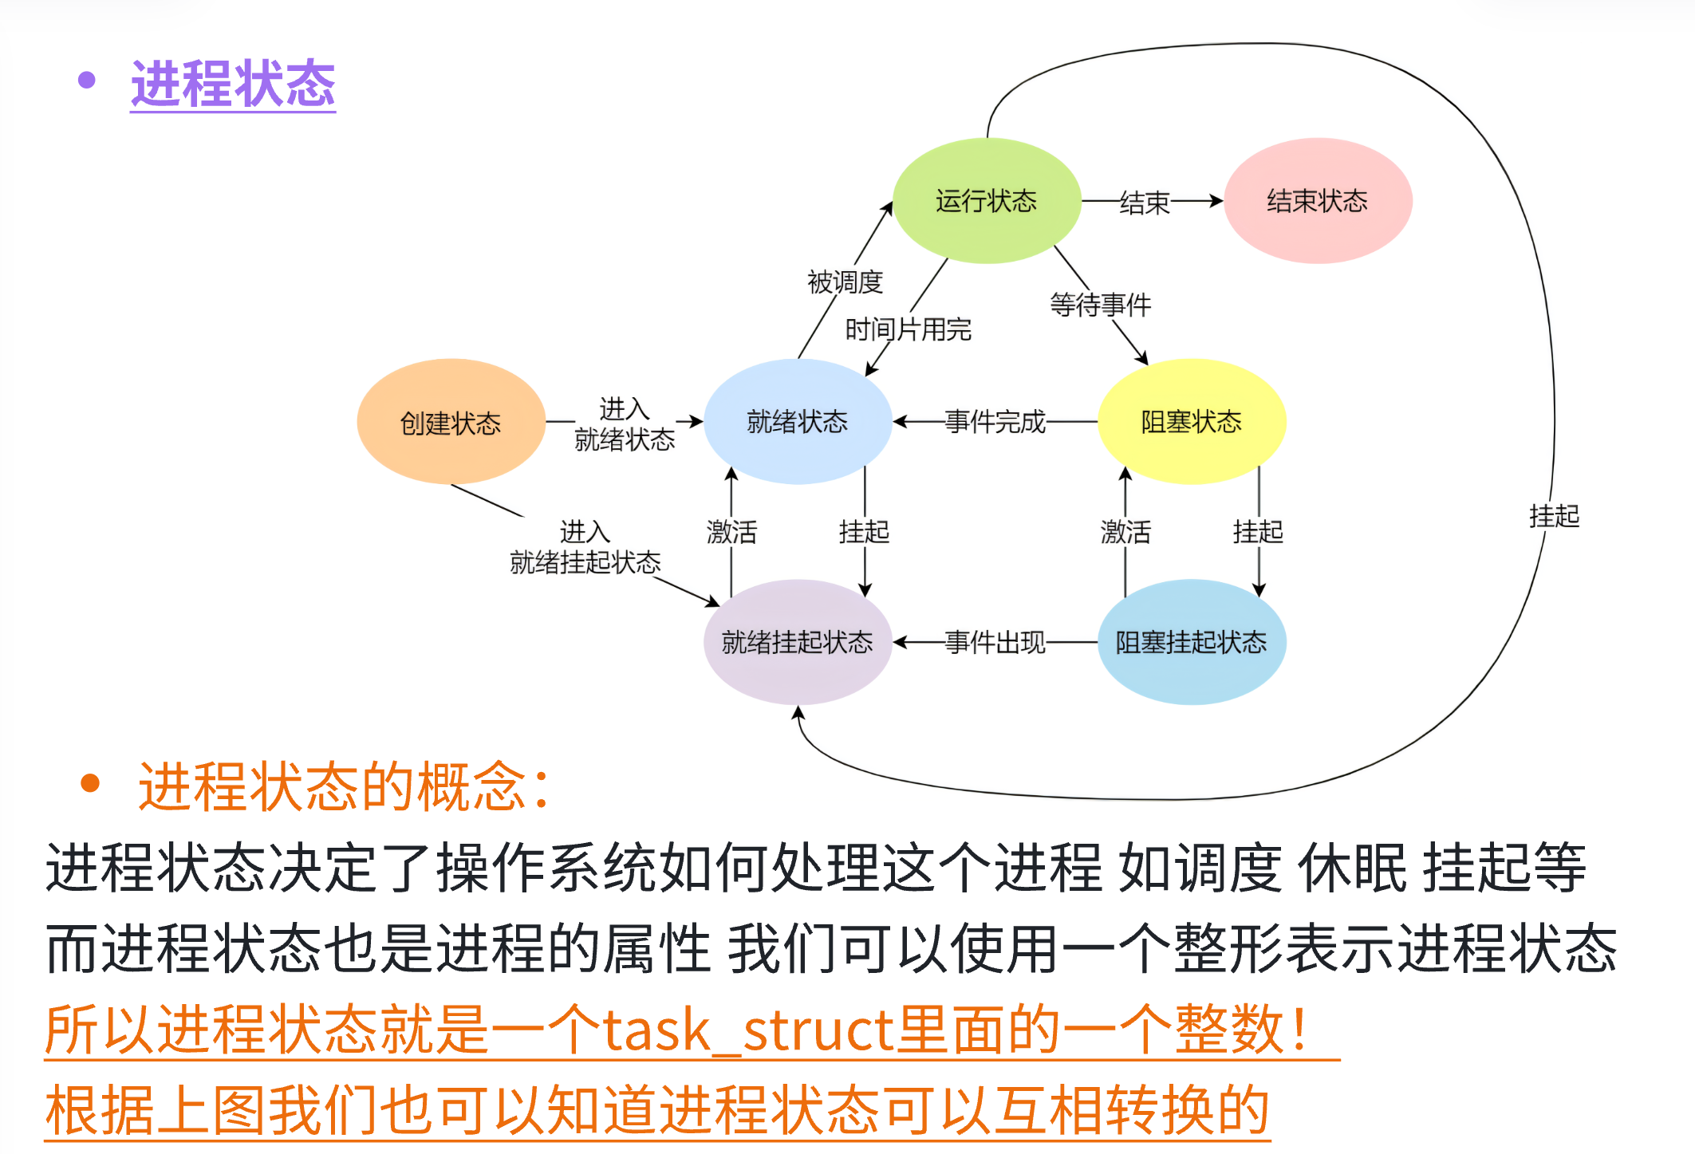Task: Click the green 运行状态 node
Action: pyautogui.click(x=987, y=201)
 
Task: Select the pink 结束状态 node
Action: pyautogui.click(x=1318, y=201)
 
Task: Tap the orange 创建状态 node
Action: pyautogui.click(x=451, y=422)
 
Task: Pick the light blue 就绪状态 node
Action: pyautogui.click(x=798, y=421)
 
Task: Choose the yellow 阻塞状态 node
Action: pyautogui.click(x=1192, y=421)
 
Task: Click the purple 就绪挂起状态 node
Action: pyautogui.click(x=798, y=642)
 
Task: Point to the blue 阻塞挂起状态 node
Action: pyautogui.click(x=1192, y=642)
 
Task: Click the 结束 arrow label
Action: pyautogui.click(x=1145, y=203)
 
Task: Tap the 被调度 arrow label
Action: pyautogui.click(x=845, y=282)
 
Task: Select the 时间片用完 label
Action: pyautogui.click(x=909, y=329)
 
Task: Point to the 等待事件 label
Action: pyautogui.click(x=1101, y=304)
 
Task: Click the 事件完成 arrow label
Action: pyautogui.click(x=995, y=421)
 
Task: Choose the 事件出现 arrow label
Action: pyautogui.click(x=995, y=642)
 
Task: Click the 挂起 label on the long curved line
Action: pyautogui.click(x=1555, y=516)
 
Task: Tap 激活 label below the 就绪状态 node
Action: pyautogui.click(x=731, y=531)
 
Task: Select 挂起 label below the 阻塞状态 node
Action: pyautogui.click(x=1259, y=531)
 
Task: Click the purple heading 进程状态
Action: pyautogui.click(x=233, y=84)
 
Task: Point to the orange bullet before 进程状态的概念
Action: pyautogui.click(x=90, y=783)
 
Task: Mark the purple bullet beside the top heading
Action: pyautogui.click(x=87, y=80)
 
